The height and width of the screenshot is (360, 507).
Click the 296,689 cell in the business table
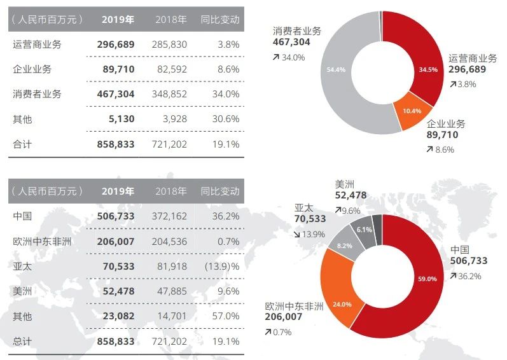[x=116, y=45]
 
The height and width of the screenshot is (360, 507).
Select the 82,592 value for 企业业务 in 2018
[x=170, y=69]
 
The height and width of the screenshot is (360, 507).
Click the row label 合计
[x=22, y=144]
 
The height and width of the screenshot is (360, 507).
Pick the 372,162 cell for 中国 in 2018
[x=170, y=216]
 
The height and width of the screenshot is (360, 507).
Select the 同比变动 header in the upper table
[x=220, y=19]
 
